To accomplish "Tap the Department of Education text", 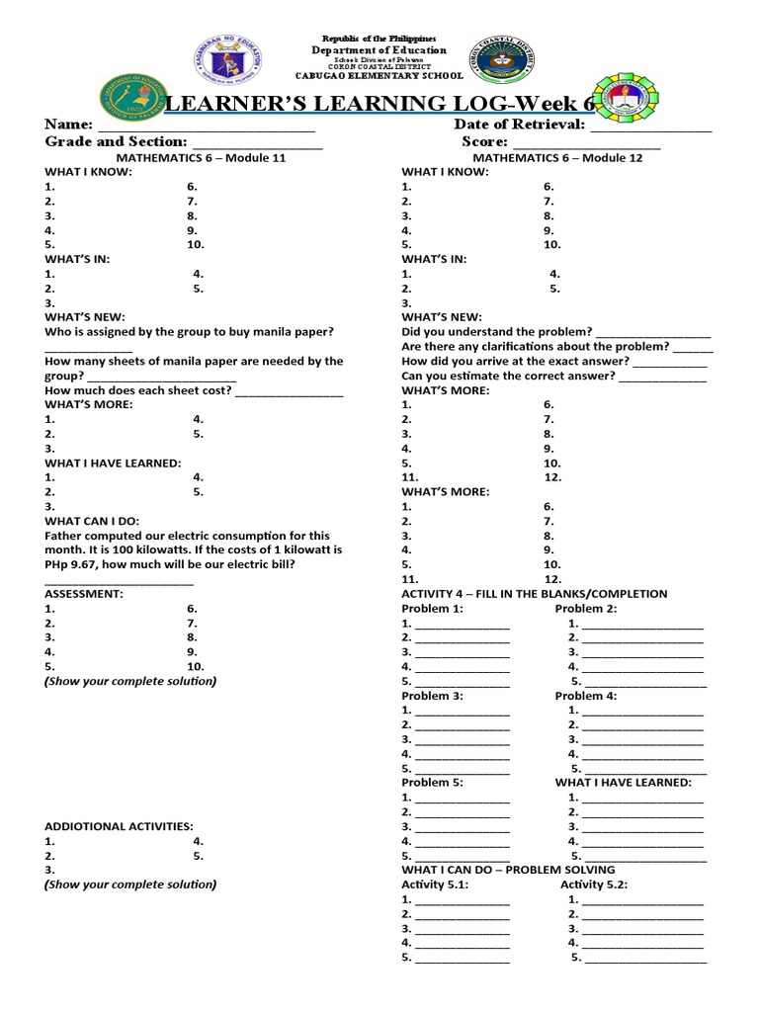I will point(379,50).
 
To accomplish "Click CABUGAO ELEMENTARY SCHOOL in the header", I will point(379,76).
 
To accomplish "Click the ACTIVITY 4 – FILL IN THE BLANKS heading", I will point(534,594).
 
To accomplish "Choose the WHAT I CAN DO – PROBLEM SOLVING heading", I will point(508,870).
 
